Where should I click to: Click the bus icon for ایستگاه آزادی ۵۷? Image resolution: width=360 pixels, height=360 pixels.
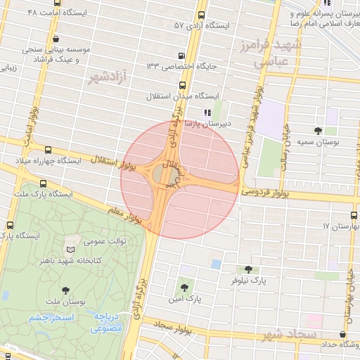click(202, 15)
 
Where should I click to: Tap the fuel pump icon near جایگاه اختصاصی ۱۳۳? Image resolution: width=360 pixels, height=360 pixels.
click(182, 56)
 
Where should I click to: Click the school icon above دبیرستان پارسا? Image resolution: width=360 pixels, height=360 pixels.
click(207, 112)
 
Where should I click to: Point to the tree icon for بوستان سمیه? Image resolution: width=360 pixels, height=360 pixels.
click(319, 131)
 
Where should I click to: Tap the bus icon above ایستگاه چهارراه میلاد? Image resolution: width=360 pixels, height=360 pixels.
click(48, 150)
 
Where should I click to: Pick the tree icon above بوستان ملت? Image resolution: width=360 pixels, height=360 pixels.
click(65, 289)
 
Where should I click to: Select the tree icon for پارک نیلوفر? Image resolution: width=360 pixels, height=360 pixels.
click(247, 269)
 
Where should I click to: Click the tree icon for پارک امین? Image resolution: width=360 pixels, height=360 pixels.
click(184, 286)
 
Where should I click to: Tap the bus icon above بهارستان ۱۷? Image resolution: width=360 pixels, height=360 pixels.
click(354, 216)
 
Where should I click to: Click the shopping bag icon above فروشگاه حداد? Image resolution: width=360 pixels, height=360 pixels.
click(342, 335)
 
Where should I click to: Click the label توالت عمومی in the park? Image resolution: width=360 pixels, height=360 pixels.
click(105, 242)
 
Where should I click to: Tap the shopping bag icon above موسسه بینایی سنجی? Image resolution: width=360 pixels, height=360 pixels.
click(56, 39)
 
